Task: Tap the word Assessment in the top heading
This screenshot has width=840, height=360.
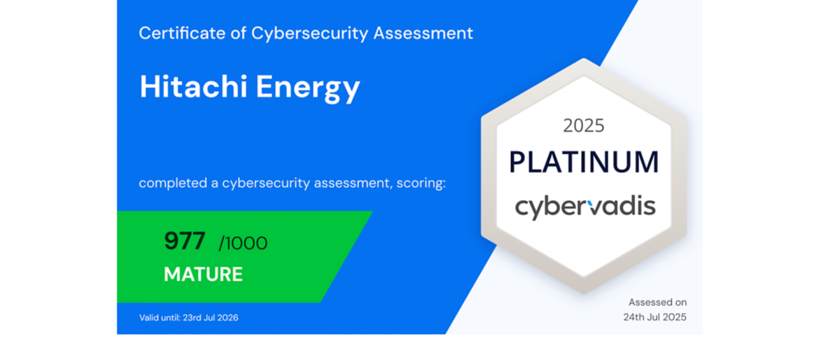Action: (423, 33)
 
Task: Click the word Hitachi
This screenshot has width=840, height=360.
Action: (193, 87)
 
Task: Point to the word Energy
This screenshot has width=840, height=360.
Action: (308, 88)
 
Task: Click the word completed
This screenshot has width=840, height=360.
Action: (173, 183)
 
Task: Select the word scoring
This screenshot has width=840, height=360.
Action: (421, 184)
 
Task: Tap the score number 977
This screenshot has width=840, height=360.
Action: (185, 240)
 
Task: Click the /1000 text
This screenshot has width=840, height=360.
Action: (243, 243)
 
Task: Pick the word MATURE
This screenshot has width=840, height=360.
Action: (203, 274)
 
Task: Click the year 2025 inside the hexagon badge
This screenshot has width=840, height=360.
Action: (584, 126)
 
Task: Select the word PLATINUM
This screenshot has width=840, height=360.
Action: (584, 162)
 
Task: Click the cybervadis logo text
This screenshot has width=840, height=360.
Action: (585, 207)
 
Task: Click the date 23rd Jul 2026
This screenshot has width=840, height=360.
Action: (211, 317)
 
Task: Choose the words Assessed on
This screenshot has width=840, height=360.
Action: (658, 302)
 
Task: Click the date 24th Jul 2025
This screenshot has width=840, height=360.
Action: (654, 317)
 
